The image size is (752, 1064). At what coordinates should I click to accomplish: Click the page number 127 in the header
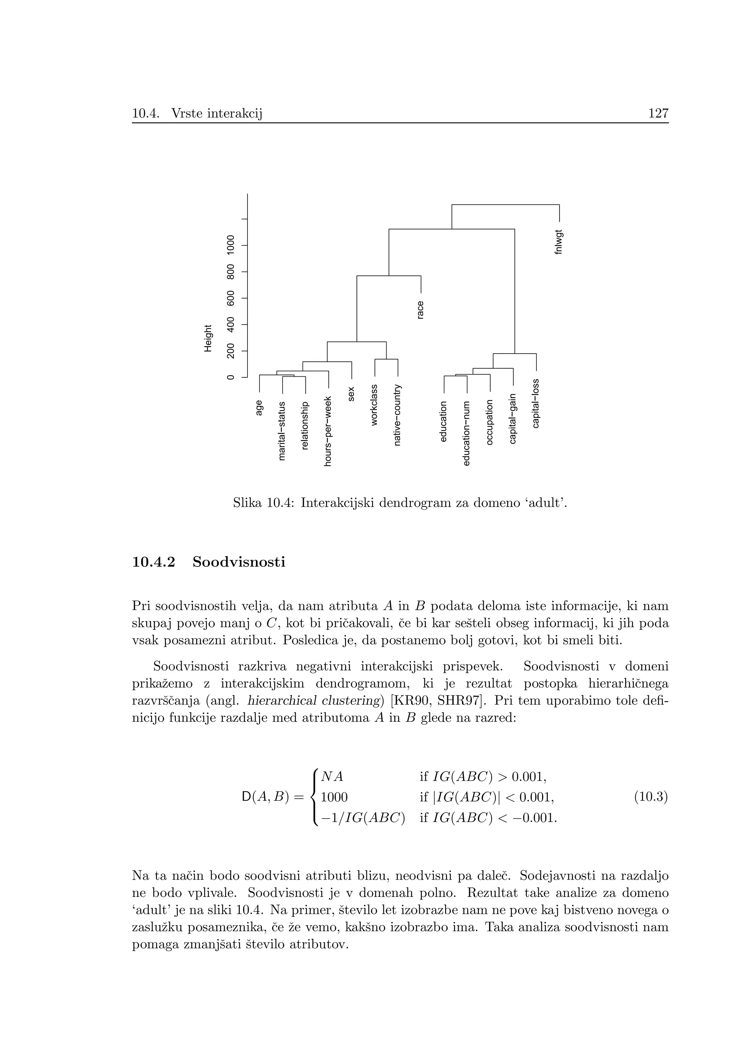coord(658,113)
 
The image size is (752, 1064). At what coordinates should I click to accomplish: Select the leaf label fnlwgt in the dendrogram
coord(559,242)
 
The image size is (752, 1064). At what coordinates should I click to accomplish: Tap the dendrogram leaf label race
coord(420,310)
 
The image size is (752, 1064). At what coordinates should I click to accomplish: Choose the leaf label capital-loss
coord(536,403)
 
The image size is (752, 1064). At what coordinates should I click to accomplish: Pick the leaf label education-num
coord(467,433)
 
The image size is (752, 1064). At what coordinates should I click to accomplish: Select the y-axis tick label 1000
coord(230,244)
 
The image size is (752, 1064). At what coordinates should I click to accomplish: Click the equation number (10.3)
coord(651,797)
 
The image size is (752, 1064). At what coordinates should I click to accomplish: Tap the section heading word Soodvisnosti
coord(239,562)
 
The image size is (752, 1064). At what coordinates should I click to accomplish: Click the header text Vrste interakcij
coord(216,113)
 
